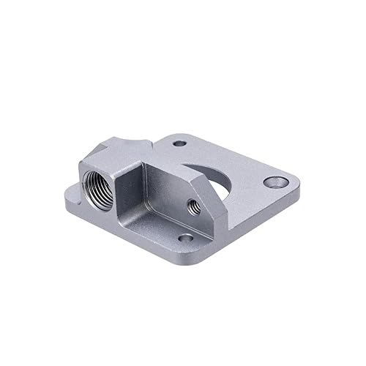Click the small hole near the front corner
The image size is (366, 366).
pyautogui.click(x=184, y=239)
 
